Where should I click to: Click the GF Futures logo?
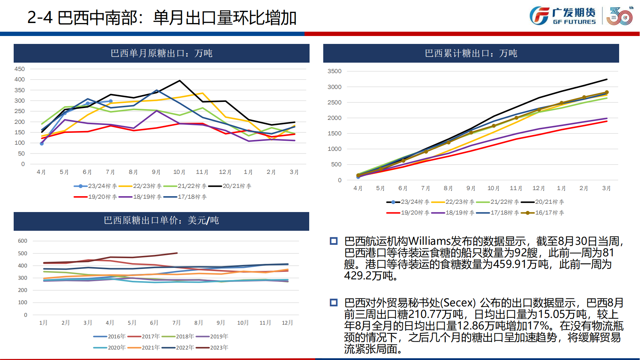click(562, 16)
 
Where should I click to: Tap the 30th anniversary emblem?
click(620, 16)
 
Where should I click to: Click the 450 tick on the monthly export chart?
click(20, 69)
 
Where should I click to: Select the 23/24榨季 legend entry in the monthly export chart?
click(95, 186)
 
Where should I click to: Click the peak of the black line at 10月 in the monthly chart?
click(180, 81)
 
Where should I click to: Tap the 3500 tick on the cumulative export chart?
click(334, 71)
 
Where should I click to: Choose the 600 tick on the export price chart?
click(23, 241)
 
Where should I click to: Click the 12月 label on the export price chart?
click(287, 323)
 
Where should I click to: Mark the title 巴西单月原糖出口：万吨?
click(161, 53)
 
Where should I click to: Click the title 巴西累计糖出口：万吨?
click(471, 53)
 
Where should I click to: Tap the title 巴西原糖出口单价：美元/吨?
click(161, 220)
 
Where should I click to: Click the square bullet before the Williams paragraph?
click(334, 241)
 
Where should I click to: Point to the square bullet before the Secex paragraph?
click(334, 303)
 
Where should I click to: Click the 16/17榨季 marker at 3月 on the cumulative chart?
click(607, 93)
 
